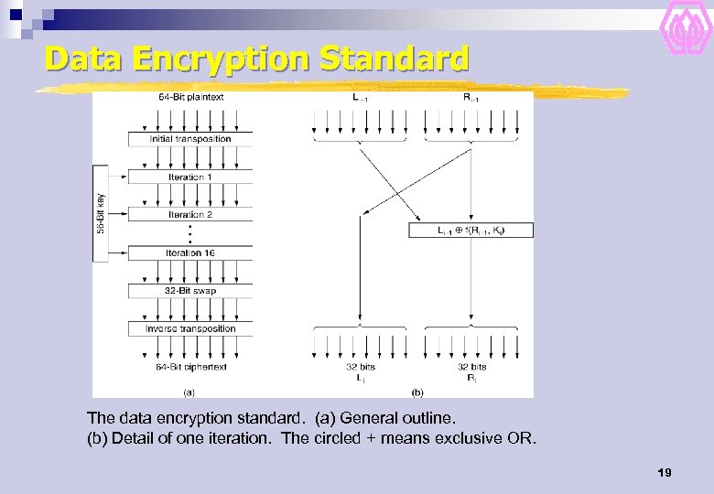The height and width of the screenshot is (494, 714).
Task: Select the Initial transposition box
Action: point(190,139)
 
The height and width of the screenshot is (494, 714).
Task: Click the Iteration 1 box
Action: point(190,177)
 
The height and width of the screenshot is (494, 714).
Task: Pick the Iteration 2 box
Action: point(190,214)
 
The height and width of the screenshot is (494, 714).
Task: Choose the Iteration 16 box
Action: point(190,252)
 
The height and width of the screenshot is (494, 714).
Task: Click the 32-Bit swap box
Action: point(190,291)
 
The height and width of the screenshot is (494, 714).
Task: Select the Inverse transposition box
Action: point(190,328)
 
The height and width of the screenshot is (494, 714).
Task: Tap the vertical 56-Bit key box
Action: point(101,213)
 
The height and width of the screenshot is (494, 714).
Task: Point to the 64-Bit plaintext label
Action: point(190,97)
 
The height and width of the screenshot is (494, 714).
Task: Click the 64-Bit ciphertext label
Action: point(190,367)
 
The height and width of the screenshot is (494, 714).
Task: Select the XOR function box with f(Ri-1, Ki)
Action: point(471,231)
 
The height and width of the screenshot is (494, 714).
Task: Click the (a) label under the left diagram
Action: point(189,392)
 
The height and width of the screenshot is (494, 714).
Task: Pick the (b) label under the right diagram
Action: point(416,392)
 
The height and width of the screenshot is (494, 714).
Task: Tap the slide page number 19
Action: point(665,473)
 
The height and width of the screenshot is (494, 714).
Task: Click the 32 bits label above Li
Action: point(361,367)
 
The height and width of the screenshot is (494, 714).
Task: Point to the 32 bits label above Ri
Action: point(471,367)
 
